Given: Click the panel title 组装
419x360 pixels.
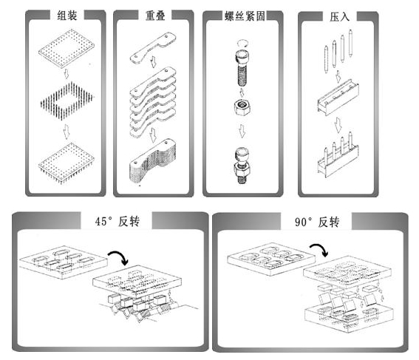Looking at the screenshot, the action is [x=67, y=16].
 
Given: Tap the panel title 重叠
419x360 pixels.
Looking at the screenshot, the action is [x=155, y=16].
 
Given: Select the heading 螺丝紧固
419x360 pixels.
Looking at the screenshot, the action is [x=245, y=16].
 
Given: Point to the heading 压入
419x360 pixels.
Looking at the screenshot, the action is [x=339, y=16].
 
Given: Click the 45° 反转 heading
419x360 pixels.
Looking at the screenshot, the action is [x=117, y=222].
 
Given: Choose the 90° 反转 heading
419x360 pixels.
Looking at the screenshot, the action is [x=317, y=222].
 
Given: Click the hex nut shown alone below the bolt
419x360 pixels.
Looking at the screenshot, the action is [x=242, y=107].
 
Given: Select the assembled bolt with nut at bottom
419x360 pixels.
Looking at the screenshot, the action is [x=242, y=166].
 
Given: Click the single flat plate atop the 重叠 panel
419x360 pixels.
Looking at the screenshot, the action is [x=153, y=48].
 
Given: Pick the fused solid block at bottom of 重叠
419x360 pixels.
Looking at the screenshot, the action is [x=153, y=161].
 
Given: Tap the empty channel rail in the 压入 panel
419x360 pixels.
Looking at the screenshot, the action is [x=338, y=97].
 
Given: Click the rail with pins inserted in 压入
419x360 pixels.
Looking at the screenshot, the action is [x=338, y=155].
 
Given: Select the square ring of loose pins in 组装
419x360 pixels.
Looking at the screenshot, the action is [x=67, y=101].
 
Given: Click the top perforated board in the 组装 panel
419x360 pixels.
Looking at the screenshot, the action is [x=67, y=48].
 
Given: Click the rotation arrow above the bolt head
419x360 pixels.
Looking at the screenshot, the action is [x=242, y=44].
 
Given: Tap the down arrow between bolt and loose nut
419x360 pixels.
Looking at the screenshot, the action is [x=242, y=92].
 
